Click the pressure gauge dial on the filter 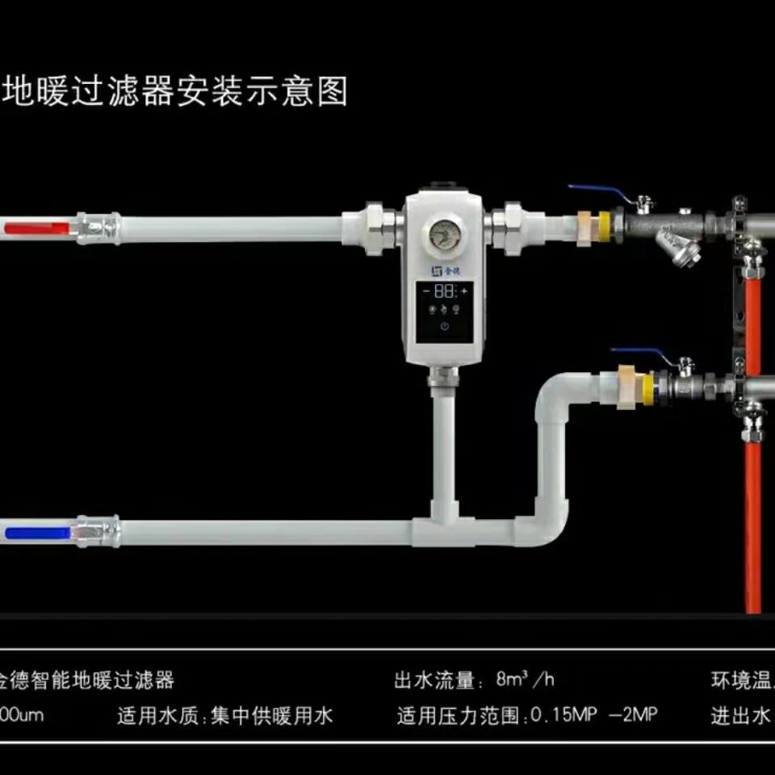442,234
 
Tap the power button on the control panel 443,327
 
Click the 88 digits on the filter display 443,291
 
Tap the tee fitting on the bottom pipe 443,526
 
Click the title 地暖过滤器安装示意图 175,92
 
